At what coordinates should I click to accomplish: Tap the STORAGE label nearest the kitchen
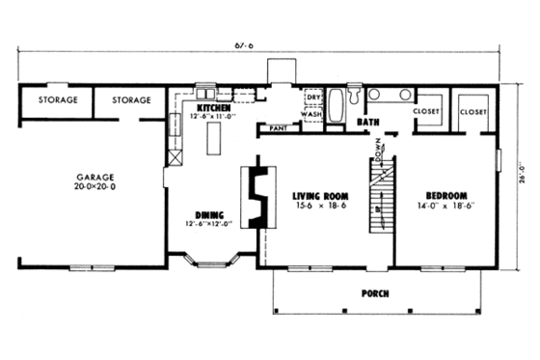pyautogui.click(x=130, y=100)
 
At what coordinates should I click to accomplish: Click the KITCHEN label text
pyautogui.click(x=214, y=108)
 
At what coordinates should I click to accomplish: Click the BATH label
pyautogui.click(x=366, y=124)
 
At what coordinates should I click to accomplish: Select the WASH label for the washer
pyautogui.click(x=312, y=112)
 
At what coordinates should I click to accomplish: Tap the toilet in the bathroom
pyautogui.click(x=355, y=97)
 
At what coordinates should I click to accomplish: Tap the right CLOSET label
pyautogui.click(x=472, y=112)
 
